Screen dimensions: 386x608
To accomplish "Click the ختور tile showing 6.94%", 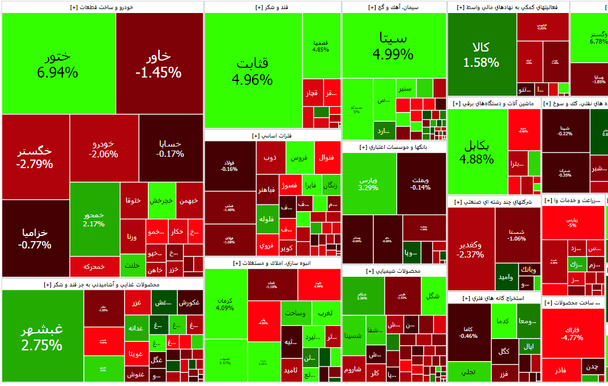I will (58, 63).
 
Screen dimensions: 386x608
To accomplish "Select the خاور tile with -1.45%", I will (159, 63).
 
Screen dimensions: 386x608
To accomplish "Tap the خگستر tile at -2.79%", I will (35, 157).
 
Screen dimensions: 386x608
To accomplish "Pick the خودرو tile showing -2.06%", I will (104, 148).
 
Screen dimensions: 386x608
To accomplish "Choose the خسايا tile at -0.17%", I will (171, 148).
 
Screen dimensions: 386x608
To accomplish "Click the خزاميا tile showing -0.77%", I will (35, 238).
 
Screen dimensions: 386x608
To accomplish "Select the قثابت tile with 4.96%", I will (253, 71).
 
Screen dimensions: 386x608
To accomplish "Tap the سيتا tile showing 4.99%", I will (393, 45).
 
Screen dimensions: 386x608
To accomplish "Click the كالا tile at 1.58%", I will (481, 54).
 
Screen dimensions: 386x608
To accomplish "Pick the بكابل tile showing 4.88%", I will (477, 151).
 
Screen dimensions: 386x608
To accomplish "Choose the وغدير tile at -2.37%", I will (470, 249).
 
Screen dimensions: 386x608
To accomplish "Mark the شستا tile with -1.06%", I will (517, 233).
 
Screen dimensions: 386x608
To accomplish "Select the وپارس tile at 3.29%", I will (369, 183).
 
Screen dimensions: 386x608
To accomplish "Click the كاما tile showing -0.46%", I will (469, 332).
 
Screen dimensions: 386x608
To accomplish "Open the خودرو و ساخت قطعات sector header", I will (103, 7).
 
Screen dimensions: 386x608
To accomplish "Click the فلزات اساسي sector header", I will (273, 136).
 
